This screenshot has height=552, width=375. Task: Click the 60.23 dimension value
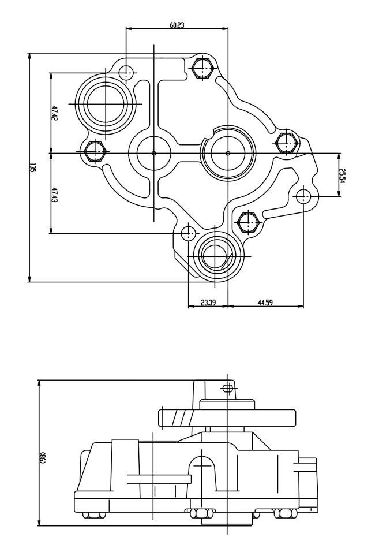(177, 25)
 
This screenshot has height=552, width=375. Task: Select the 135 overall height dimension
(33, 168)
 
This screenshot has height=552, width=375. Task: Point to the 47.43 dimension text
(55, 194)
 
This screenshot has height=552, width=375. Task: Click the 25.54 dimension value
(342, 176)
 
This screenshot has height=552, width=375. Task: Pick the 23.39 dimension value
(208, 302)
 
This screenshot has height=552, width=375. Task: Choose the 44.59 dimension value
(265, 302)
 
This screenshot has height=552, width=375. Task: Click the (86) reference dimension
(43, 457)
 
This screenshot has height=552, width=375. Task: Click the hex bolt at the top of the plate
(201, 68)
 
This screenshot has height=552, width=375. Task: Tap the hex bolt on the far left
(94, 152)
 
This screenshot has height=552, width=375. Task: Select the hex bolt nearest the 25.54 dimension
(285, 141)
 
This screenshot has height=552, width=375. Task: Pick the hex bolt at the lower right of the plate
(247, 221)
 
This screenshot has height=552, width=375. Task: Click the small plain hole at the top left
(126, 73)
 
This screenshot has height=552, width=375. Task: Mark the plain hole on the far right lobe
(303, 196)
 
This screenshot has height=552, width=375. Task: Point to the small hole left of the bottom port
(189, 233)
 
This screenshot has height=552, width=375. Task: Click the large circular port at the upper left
(106, 103)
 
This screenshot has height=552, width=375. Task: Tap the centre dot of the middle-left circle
(154, 153)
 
